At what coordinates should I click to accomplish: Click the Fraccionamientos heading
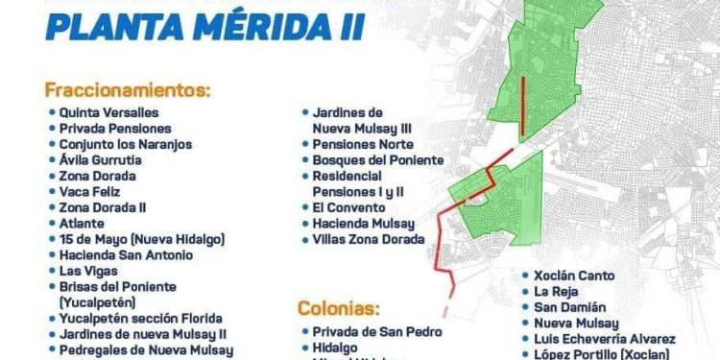126,91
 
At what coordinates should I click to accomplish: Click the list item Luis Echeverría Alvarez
606,339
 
